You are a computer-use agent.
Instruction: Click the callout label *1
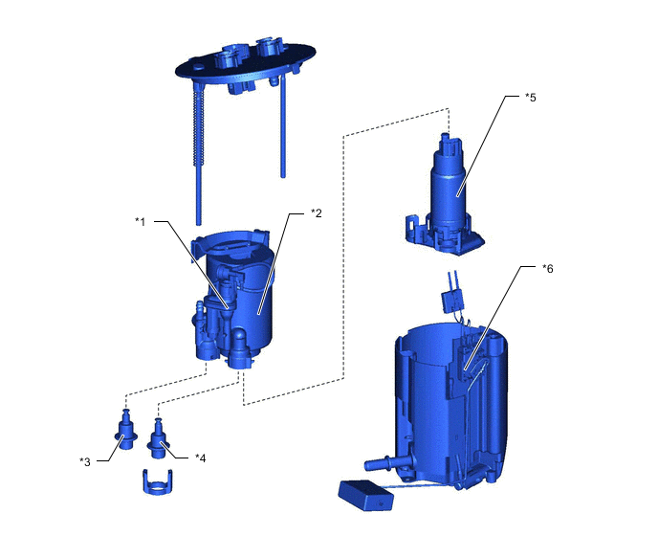pyautogui.click(x=141, y=221)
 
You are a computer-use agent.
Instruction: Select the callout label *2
pyautogui.click(x=317, y=213)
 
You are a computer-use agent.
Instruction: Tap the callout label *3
pyautogui.click(x=85, y=462)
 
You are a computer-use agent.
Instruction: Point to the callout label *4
pyautogui.click(x=201, y=458)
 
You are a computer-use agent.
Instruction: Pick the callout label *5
pyautogui.click(x=531, y=97)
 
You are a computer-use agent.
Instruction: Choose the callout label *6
pyautogui.click(x=548, y=268)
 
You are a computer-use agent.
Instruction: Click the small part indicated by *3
pyautogui.click(x=125, y=430)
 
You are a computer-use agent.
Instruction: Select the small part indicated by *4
pyautogui.click(x=158, y=439)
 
